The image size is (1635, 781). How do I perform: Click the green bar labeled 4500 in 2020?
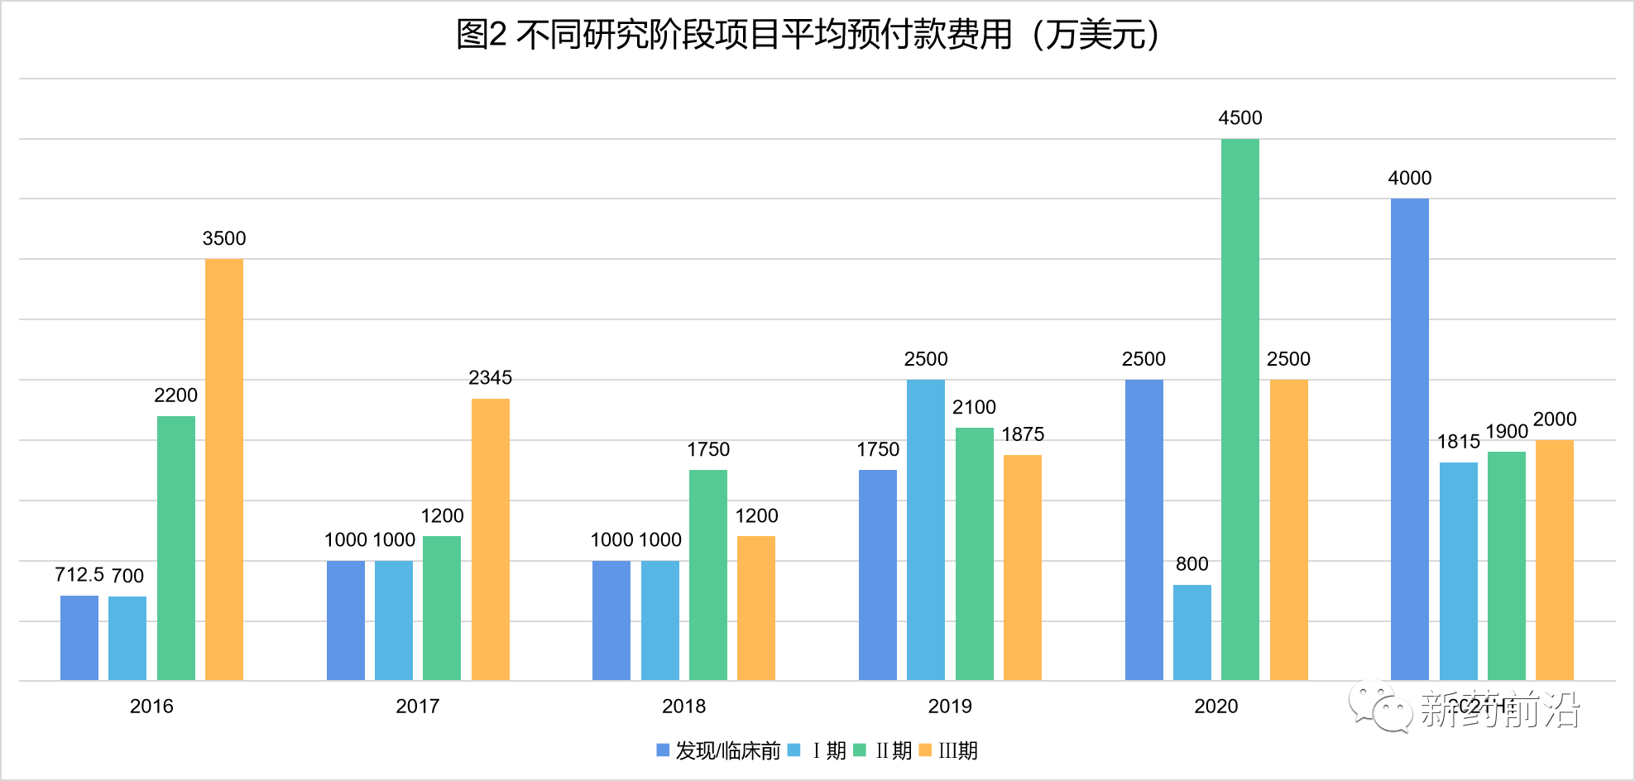click(x=1239, y=410)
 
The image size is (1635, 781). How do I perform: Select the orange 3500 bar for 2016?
click(x=224, y=470)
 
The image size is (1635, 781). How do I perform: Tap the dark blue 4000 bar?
click(x=1409, y=439)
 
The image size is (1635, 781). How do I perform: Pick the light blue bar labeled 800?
click(x=1191, y=633)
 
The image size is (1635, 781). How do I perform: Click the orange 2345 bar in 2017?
click(x=490, y=539)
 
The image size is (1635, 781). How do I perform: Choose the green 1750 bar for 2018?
click(x=707, y=575)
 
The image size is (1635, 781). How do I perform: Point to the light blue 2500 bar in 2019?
click(x=925, y=530)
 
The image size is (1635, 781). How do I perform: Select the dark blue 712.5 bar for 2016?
click(x=79, y=638)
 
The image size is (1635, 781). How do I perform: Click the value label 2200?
click(x=175, y=395)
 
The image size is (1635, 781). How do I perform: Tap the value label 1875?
click(x=1023, y=434)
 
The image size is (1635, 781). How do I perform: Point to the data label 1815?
click(x=1458, y=442)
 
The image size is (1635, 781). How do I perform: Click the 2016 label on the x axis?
click(x=151, y=707)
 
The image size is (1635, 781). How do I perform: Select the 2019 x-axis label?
click(x=949, y=707)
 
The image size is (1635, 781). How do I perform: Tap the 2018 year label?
click(x=683, y=707)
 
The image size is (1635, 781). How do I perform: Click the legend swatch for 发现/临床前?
click(x=663, y=750)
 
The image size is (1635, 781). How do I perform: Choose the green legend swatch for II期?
click(x=860, y=750)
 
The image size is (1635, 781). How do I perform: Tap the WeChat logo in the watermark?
click(x=1379, y=707)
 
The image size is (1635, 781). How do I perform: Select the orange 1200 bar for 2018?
click(x=755, y=608)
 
